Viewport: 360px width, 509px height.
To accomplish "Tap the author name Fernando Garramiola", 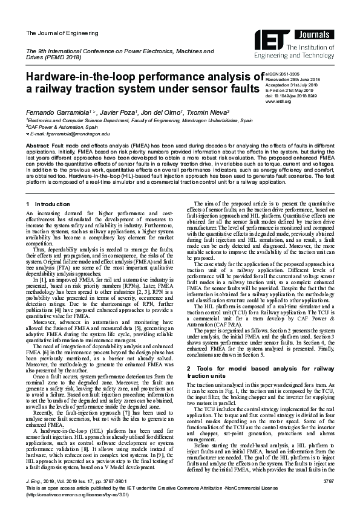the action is click(x=52, y=113).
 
